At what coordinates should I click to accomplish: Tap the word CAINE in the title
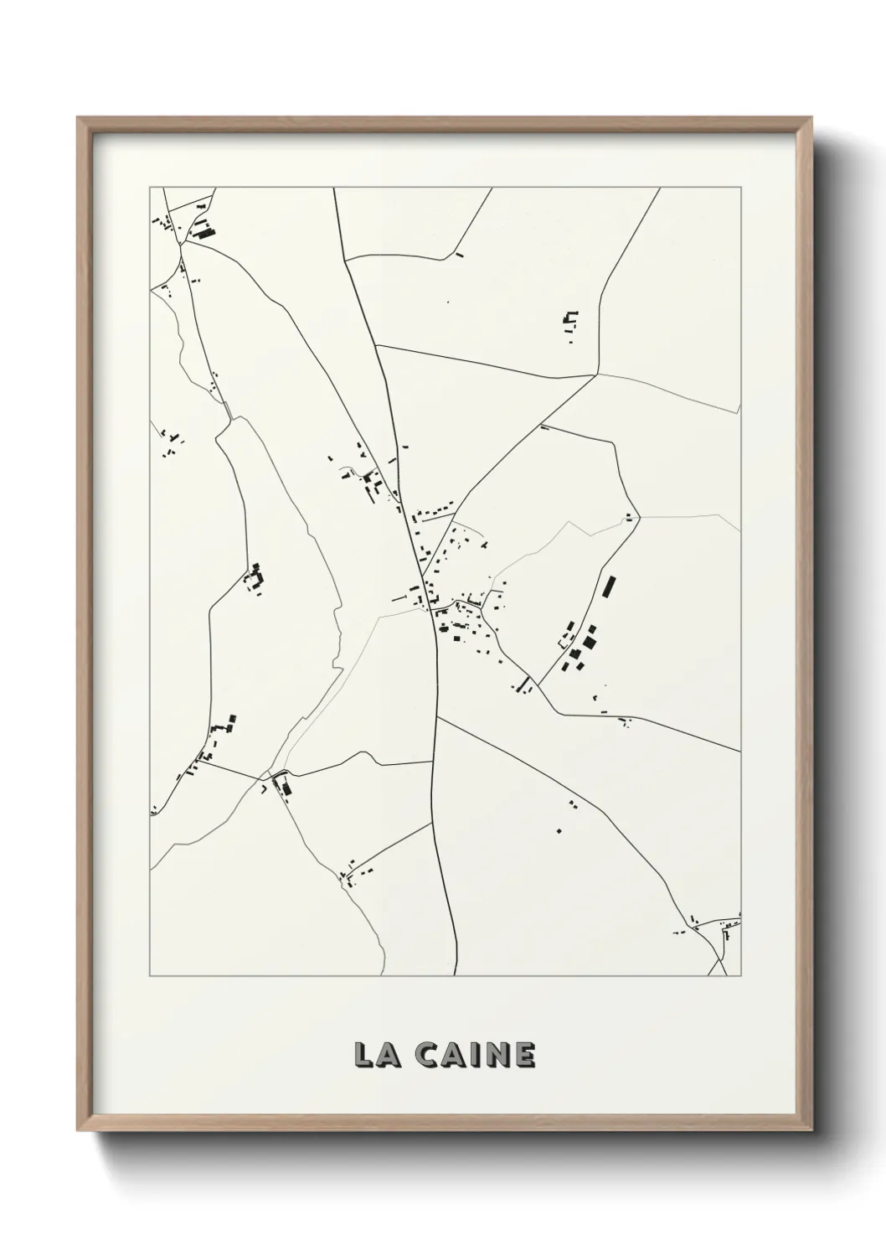pyautogui.click(x=475, y=1055)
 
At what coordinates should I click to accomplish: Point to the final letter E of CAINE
pyautogui.click(x=523, y=1055)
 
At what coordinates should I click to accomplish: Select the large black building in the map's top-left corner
pyautogui.click(x=202, y=230)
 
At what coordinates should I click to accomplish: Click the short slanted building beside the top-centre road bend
pyautogui.click(x=458, y=254)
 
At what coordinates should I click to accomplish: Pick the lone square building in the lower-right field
pyautogui.click(x=559, y=830)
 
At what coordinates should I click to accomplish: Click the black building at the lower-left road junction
pyautogui.click(x=283, y=787)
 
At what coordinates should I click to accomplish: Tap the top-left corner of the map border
pyautogui.click(x=150, y=188)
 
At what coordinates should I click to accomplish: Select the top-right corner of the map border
pyautogui.click(x=742, y=188)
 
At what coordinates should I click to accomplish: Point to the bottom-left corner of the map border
pyautogui.click(x=150, y=976)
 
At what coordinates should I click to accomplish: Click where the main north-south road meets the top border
pyautogui.click(x=334, y=189)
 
